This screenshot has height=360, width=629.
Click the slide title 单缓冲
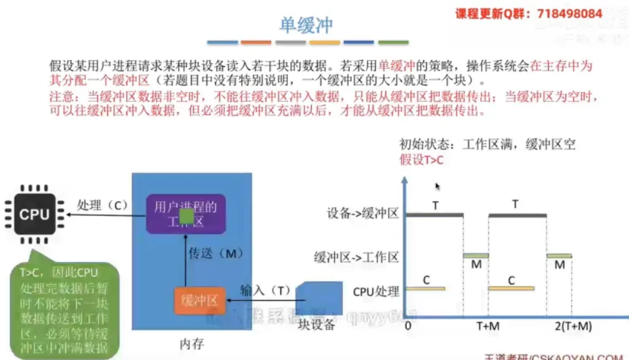pos(305,24)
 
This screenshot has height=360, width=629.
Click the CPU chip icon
pos(34,215)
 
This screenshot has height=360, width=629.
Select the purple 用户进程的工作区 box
pos(185,214)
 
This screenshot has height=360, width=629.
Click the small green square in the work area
pos(187,216)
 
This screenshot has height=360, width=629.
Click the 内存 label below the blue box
pos(192,344)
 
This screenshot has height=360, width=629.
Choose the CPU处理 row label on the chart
pos(376,292)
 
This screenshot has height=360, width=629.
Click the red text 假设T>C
pos(422,160)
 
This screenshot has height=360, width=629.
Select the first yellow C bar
pos(426,288)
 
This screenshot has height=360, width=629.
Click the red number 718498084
pos(570,13)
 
